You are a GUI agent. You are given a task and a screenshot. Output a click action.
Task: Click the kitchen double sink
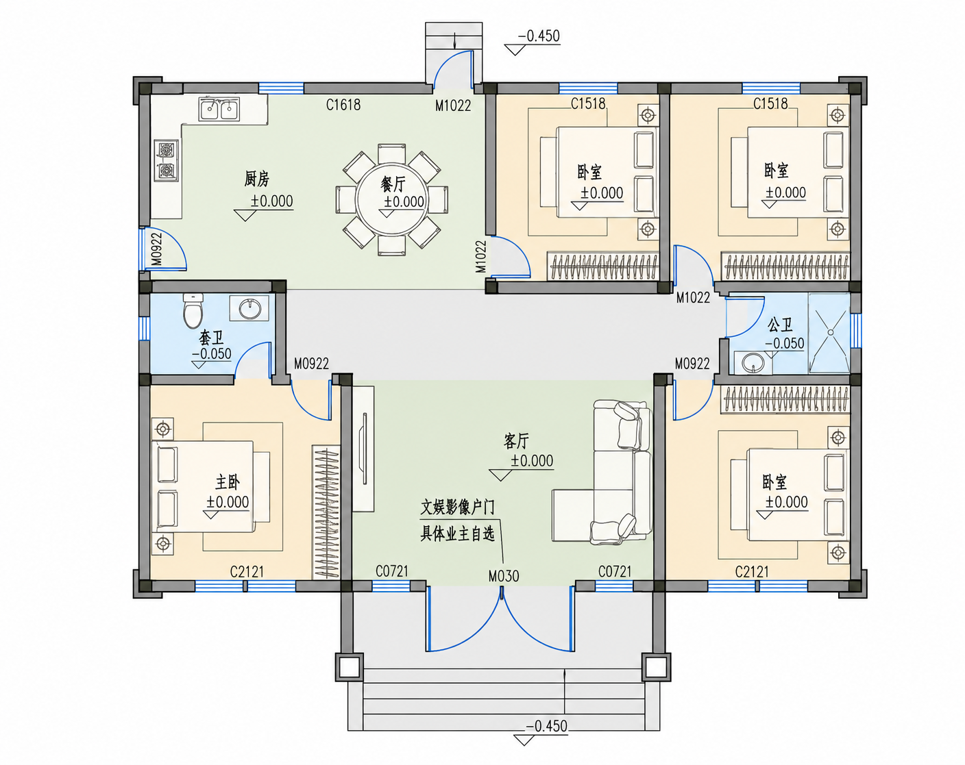[219, 109]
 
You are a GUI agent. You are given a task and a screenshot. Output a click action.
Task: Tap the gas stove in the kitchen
[166, 160]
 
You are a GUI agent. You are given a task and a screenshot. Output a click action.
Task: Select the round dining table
[391, 200]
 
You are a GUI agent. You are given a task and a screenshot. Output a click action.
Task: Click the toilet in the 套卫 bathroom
[193, 310]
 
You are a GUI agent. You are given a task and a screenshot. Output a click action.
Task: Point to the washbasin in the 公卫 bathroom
[753, 363]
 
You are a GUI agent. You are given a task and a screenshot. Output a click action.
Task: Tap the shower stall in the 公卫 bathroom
[829, 333]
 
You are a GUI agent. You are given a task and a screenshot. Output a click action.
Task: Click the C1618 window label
[343, 105]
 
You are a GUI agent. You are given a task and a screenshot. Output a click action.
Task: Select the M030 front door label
[504, 577]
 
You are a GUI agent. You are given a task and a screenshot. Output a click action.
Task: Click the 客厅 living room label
[516, 441]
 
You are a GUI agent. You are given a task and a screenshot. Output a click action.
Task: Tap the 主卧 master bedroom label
[228, 482]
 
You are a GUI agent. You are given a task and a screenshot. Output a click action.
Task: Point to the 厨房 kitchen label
[256, 179]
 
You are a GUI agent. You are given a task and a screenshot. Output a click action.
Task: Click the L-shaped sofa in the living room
[602, 472]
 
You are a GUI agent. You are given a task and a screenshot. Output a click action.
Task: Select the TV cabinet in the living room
[363, 449]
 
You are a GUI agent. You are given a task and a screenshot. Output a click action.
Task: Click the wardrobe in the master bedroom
[326, 512]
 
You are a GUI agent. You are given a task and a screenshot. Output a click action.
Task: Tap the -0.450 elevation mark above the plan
[539, 36]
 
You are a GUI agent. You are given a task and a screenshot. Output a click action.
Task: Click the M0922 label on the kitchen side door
[156, 249]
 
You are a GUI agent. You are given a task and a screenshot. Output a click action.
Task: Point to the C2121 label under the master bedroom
[247, 572]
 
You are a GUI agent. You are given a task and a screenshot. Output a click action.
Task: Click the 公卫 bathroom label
[780, 325]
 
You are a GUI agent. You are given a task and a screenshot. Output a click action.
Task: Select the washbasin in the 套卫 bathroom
[249, 308]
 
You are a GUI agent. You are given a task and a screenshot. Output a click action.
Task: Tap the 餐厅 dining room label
[392, 184]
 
